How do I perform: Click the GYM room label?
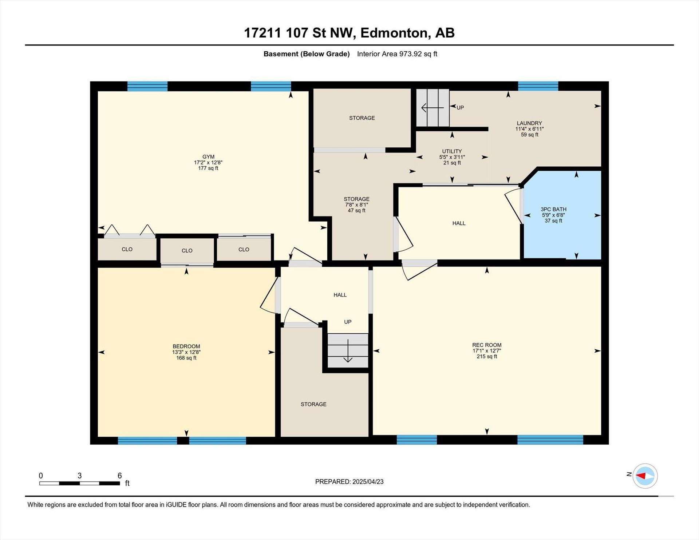tap(208, 157)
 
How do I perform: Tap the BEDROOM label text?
tap(186, 346)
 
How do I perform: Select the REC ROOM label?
tap(487, 345)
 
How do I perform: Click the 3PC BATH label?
tap(553, 209)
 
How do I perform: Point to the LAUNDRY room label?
tap(529, 123)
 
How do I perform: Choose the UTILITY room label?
tap(452, 151)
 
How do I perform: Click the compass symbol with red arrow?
tap(645, 476)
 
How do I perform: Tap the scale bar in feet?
tap(80, 483)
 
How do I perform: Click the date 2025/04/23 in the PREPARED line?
tap(368, 482)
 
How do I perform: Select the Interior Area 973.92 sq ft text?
tap(397, 54)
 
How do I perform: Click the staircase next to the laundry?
tap(433, 108)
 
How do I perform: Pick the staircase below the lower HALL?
tap(348, 351)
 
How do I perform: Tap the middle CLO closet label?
tap(187, 251)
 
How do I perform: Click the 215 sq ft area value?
tap(487, 357)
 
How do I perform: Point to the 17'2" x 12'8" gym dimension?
tap(208, 163)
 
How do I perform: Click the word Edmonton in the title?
tap(394, 33)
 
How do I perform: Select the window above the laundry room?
tap(538, 86)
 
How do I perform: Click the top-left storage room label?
tap(362, 118)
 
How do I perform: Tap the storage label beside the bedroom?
tap(313, 404)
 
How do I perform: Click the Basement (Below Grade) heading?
tap(307, 54)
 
